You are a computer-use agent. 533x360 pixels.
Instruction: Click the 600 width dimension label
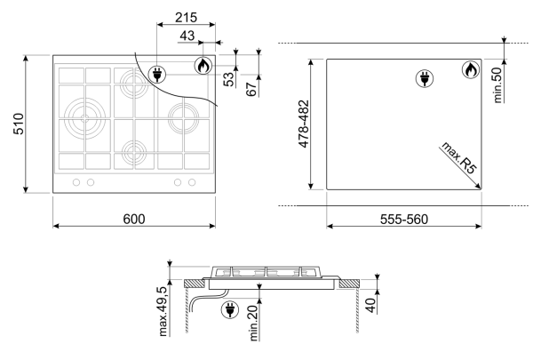click(133, 219)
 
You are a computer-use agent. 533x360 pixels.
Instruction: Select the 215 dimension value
click(185, 19)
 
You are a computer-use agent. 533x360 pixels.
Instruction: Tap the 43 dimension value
click(187, 36)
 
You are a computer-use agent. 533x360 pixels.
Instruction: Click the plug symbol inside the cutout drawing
click(424, 79)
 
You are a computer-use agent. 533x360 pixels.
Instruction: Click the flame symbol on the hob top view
click(203, 65)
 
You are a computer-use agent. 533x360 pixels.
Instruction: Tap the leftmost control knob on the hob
click(74, 182)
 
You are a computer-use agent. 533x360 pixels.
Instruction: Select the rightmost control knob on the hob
click(192, 182)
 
